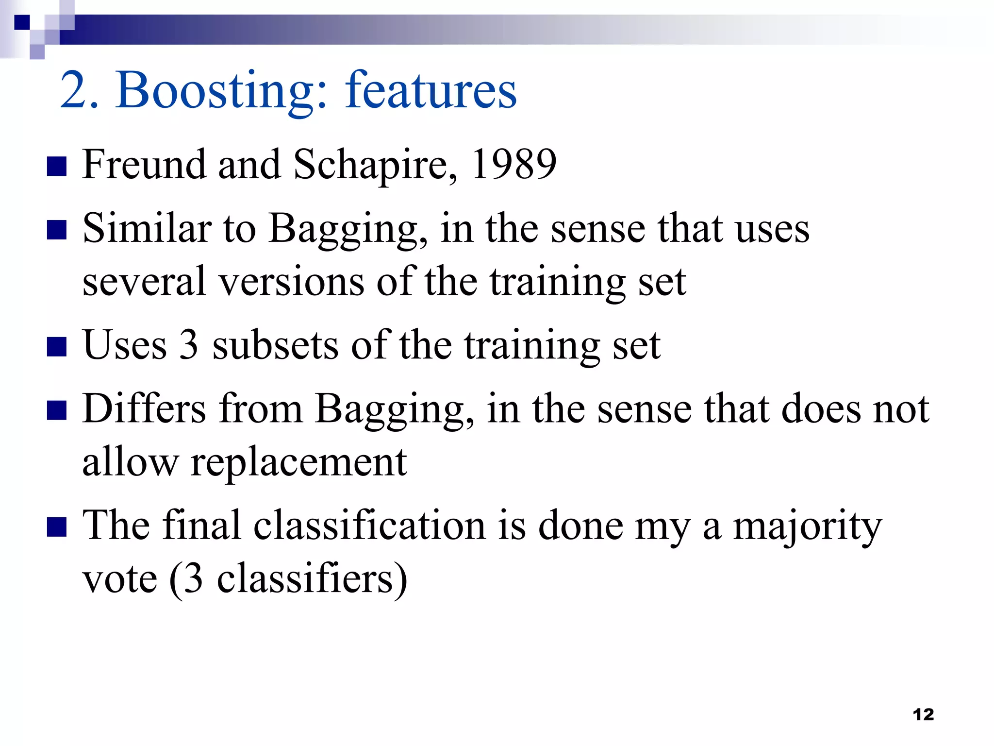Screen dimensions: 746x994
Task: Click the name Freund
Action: coord(144,164)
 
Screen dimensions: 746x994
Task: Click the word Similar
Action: coord(147,228)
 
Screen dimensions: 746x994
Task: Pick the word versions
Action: coord(291,281)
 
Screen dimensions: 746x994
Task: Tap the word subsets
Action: coord(275,345)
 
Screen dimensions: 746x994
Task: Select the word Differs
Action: coord(144,408)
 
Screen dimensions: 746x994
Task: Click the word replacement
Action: coord(298,463)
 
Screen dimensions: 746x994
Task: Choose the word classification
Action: coord(369,526)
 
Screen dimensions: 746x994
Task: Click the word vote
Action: coord(120,579)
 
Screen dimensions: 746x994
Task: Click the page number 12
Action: coord(923,714)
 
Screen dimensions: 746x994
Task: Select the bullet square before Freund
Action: coord(57,166)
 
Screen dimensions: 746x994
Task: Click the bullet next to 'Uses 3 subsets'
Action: coord(57,347)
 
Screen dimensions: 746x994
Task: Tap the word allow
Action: coord(130,462)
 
